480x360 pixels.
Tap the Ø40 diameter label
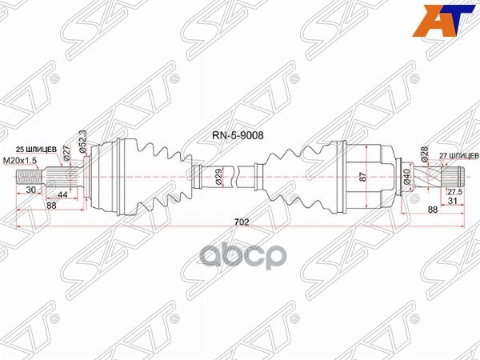408,177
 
